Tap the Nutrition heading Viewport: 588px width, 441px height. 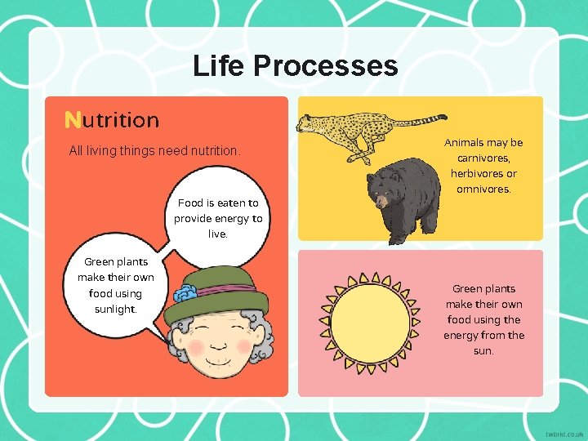[112, 120]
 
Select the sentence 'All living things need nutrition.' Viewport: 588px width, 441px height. [155, 151]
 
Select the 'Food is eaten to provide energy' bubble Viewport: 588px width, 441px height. [218, 218]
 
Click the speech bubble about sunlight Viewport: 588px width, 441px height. [115, 286]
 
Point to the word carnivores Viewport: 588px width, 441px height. [483, 158]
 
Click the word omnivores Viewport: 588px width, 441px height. [483, 189]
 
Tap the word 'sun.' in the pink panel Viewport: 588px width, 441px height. [483, 350]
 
